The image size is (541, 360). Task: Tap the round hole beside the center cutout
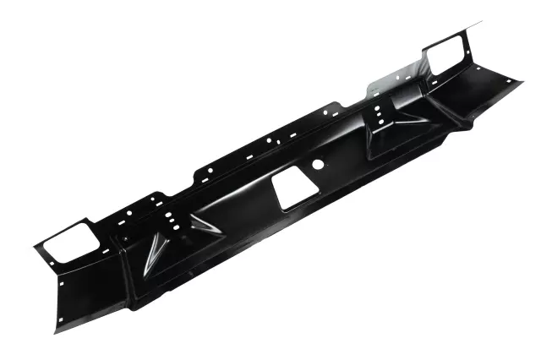pyautogui.click(x=320, y=164)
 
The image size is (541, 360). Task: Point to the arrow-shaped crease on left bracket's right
pyautogui.click(x=201, y=224)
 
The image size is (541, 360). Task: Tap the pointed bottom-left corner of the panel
pyautogui.click(x=57, y=332)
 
